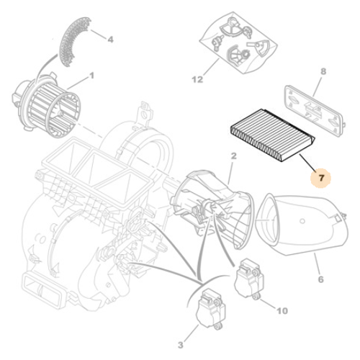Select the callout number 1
tap(93, 76)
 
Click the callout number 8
tap(323, 71)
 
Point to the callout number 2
tap(234, 156)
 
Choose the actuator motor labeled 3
tap(208, 307)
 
